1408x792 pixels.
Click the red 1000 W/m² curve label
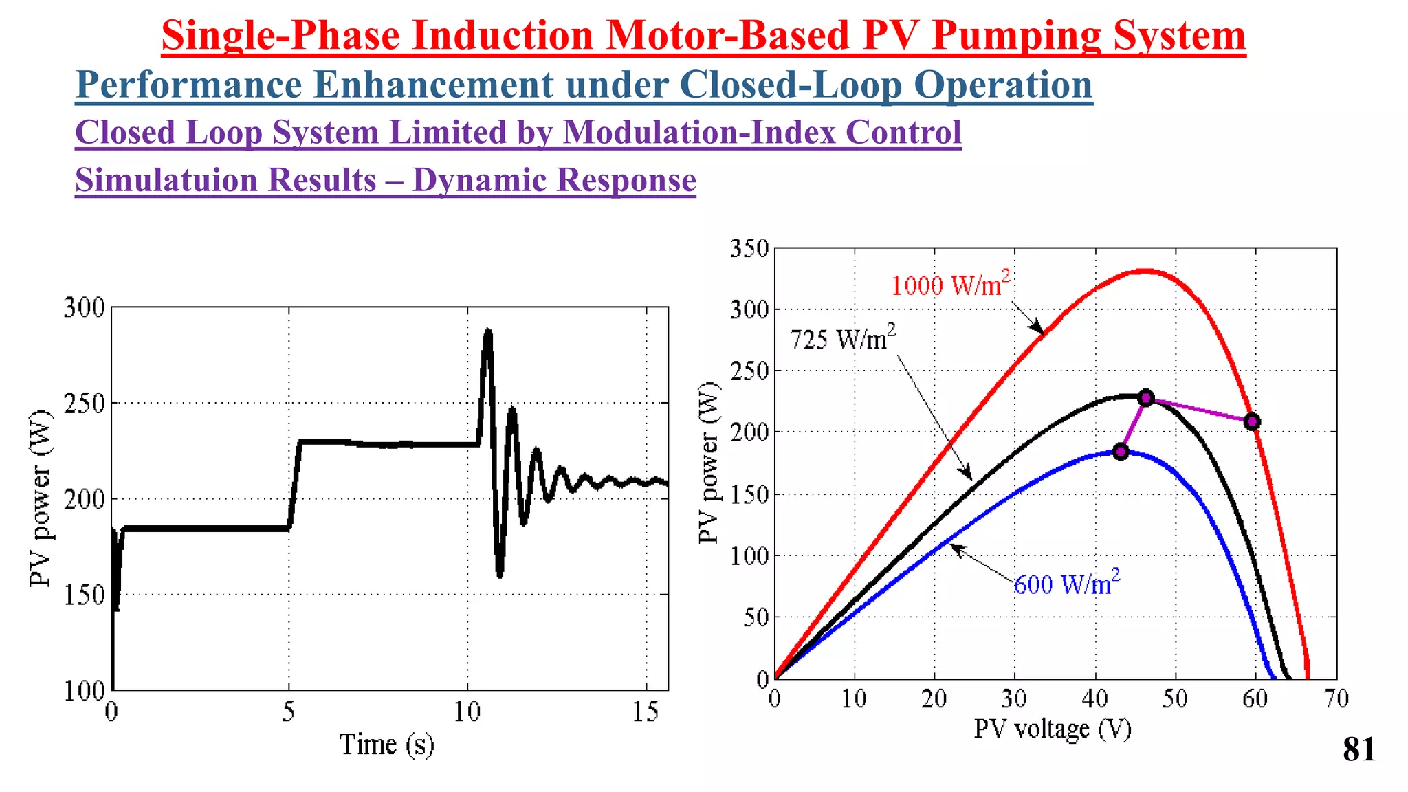pos(950,284)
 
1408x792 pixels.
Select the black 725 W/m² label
pos(843,338)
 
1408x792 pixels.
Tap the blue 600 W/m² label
pos(1066,583)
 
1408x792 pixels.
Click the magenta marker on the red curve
pos(1252,421)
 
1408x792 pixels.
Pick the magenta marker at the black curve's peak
pos(1145,398)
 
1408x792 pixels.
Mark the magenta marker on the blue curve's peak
pos(1121,452)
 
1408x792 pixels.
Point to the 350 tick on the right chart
pos(749,248)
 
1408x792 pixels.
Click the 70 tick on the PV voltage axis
pos(1336,699)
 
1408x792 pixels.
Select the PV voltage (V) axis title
pos(1052,729)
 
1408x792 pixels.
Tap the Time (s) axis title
pos(387,745)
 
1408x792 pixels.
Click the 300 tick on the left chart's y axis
pos(85,307)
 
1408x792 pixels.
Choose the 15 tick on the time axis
pos(646,712)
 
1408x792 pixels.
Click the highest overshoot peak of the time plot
pos(487,331)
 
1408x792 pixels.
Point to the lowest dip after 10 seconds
pos(500,575)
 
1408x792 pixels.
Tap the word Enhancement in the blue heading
pos(432,85)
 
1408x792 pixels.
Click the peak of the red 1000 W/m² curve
pos(1143,271)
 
